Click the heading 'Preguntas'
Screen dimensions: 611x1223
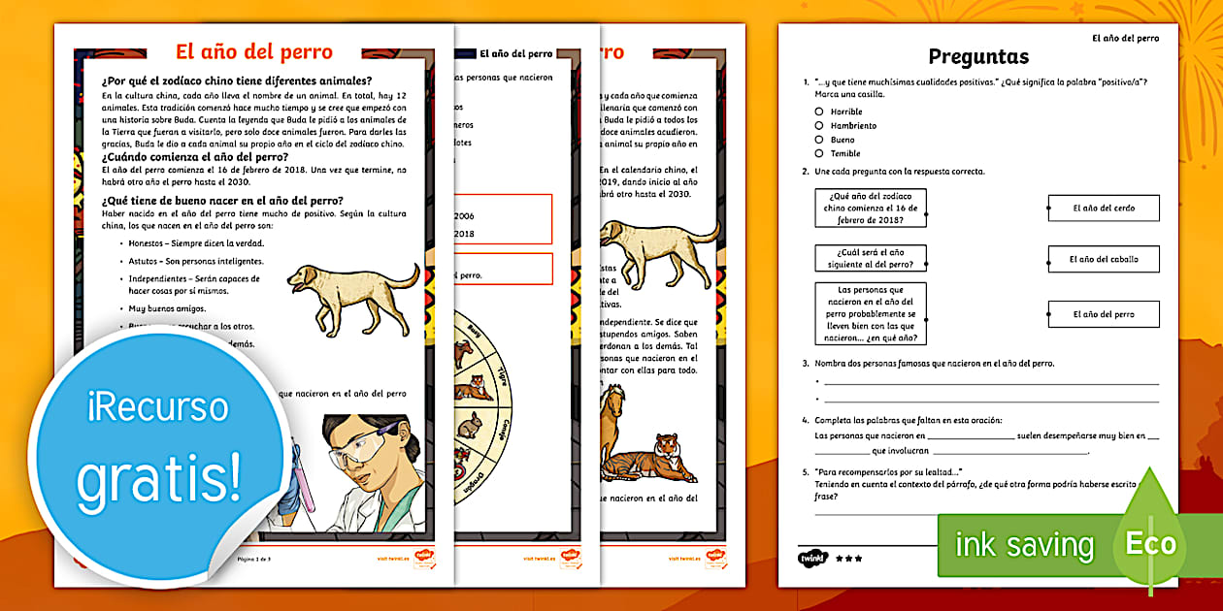click(x=977, y=57)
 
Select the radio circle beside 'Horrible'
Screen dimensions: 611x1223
click(x=819, y=112)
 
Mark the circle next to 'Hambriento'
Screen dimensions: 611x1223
click(x=819, y=126)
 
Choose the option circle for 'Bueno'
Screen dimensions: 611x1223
click(x=819, y=140)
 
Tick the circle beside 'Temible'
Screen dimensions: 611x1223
click(x=819, y=153)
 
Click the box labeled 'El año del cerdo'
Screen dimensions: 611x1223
click(x=1104, y=209)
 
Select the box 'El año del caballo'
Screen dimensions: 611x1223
click(x=1104, y=259)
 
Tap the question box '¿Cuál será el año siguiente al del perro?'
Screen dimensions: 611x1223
click(x=871, y=258)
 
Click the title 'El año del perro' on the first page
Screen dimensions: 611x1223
click(x=253, y=52)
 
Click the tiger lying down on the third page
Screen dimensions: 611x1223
click(x=651, y=460)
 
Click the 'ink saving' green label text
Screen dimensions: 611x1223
click(x=1024, y=545)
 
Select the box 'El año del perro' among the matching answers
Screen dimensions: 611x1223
click(x=1104, y=314)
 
